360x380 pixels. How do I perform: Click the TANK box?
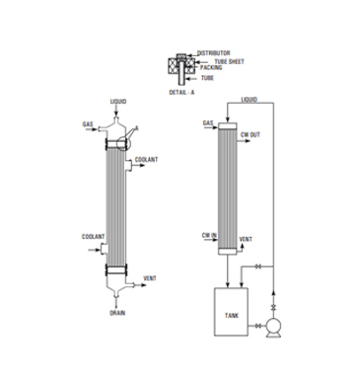click(x=231, y=312)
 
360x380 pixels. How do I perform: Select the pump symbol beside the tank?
click(x=273, y=328)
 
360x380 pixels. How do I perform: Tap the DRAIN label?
click(x=117, y=313)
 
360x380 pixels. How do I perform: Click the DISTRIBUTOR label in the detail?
click(x=214, y=53)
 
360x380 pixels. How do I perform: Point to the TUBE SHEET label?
click(x=230, y=61)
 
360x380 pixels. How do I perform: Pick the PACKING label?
click(x=211, y=67)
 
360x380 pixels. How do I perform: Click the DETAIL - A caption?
click(x=181, y=93)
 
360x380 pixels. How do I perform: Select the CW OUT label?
click(x=251, y=135)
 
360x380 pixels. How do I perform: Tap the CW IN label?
click(x=209, y=236)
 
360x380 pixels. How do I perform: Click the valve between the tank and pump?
click(x=258, y=326)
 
